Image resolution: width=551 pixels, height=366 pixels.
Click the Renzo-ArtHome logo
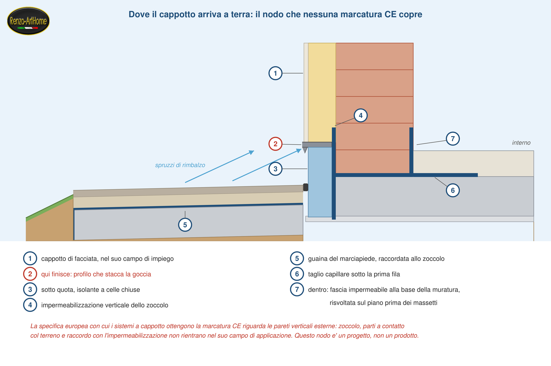[x=28, y=21]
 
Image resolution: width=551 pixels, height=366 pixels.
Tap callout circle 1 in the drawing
[x=275, y=73]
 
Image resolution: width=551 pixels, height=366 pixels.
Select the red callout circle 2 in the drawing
[x=275, y=144]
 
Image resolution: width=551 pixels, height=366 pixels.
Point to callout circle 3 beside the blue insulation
[x=275, y=169]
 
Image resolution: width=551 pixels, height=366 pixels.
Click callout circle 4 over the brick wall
[x=361, y=115]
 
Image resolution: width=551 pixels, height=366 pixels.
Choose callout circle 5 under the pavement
[x=185, y=225]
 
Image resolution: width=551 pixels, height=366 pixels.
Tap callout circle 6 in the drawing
[x=453, y=190]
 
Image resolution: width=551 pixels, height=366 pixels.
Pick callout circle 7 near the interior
[x=453, y=139]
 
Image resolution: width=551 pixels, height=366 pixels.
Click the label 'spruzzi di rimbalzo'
[x=180, y=165]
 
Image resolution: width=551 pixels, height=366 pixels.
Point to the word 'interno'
[x=521, y=143]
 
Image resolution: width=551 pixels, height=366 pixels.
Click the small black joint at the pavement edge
[x=305, y=187]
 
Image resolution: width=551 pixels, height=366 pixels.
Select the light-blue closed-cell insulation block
[x=320, y=182]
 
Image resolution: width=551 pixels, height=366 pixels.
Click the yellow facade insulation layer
[x=322, y=93]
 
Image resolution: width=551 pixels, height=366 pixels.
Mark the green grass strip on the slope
[x=50, y=207]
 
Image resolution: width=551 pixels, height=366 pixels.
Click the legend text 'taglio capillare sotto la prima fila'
[x=354, y=274]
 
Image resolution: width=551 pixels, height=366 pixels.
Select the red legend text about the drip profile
[x=96, y=274]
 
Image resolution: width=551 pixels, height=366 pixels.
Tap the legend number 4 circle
[x=30, y=305]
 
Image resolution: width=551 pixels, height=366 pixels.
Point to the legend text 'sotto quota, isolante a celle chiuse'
[x=91, y=290]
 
